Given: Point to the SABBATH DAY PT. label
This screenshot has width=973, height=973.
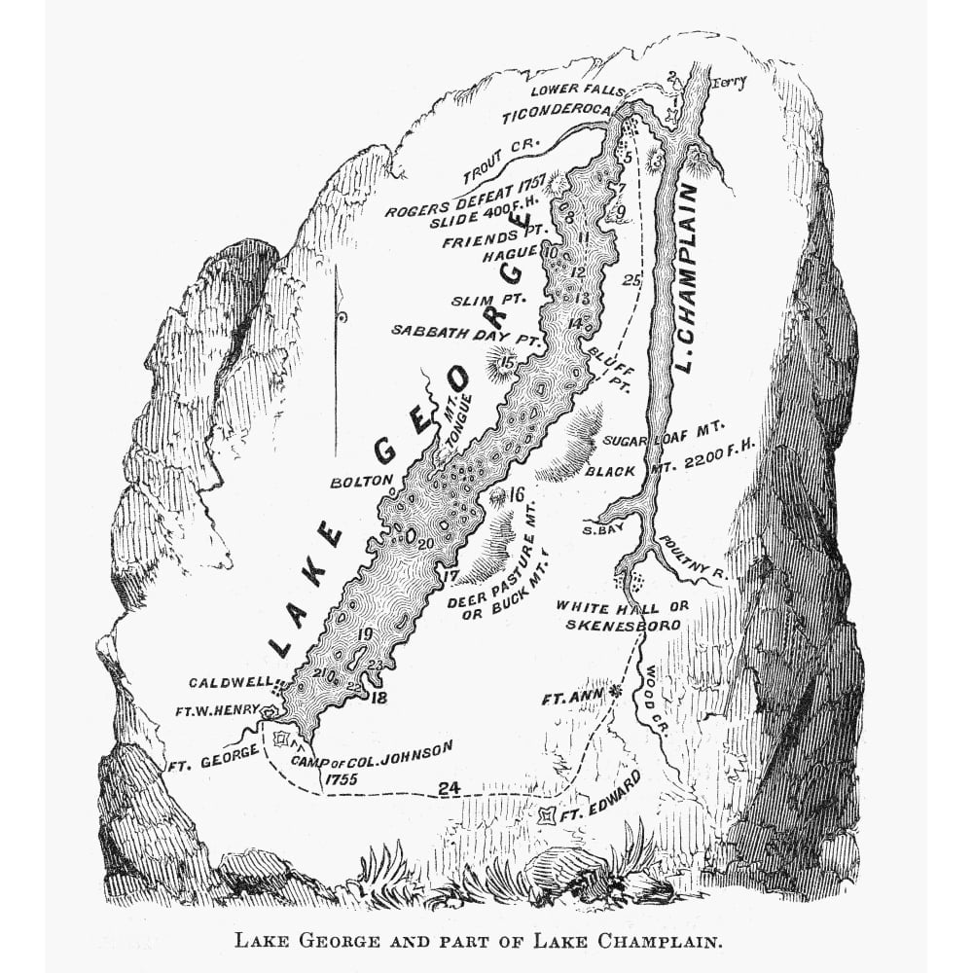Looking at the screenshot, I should (465, 331).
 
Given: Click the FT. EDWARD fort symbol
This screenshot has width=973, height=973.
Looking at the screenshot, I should (549, 813).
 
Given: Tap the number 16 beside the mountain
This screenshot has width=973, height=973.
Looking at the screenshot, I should (517, 494).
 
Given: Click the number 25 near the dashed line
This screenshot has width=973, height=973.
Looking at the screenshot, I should (632, 280).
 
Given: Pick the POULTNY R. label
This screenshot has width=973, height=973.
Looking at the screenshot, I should (691, 557).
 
